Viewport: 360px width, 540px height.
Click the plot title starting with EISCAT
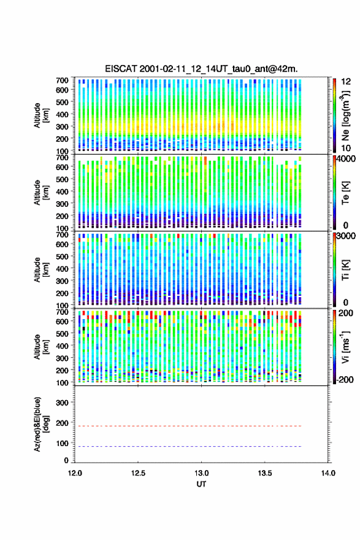pos(201,69)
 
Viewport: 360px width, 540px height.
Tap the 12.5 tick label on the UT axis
pos(138,473)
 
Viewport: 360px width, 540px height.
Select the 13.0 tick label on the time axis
pos(201,473)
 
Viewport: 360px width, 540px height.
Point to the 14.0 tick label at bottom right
pos(328,473)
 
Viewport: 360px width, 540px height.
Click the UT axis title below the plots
pos(201,484)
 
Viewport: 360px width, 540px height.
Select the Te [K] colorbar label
pos(345,193)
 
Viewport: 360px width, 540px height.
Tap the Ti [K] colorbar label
pos(345,270)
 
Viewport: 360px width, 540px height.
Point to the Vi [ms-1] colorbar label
pos(345,347)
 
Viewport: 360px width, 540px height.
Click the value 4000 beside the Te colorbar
pos(347,159)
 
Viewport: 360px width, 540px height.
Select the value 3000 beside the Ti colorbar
pos(347,236)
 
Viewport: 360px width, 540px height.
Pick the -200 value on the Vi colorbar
pos(345,379)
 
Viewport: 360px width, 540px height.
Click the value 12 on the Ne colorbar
pos(346,82)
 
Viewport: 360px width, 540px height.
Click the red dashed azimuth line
pos(188,426)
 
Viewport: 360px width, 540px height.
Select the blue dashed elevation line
pos(188,446)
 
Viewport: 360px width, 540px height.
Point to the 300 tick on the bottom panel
pos(62,403)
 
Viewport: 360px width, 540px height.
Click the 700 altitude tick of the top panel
pos(62,80)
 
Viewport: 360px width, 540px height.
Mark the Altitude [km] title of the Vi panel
pos(41,347)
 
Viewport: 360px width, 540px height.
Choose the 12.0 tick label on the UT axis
pos(75,473)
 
